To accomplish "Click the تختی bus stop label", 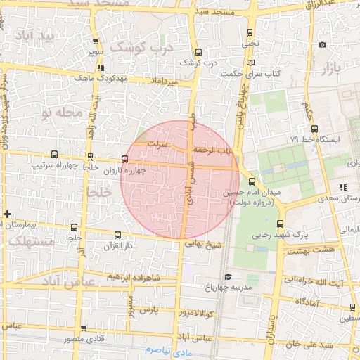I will point(250,44).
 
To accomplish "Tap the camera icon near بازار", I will point(322,45).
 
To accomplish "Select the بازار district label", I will point(330,69).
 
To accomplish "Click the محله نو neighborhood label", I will point(63,112).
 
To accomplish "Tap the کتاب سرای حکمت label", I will point(250,73).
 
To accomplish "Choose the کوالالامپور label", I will point(181,311).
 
